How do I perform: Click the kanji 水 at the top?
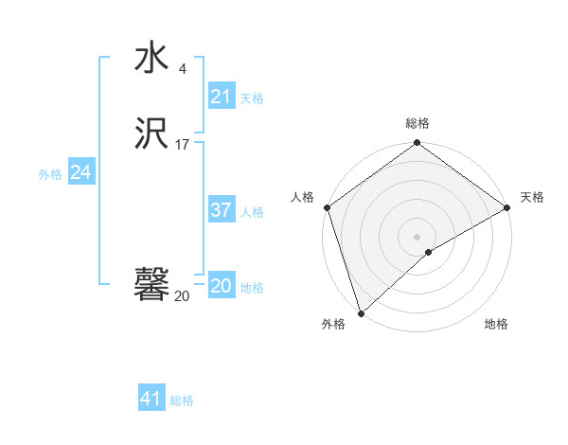click(x=151, y=58)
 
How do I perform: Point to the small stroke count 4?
click(x=182, y=69)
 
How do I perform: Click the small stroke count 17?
click(x=182, y=145)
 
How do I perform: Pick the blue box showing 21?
click(x=221, y=96)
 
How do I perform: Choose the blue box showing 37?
click(x=221, y=210)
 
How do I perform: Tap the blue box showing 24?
click(x=81, y=172)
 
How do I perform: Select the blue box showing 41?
click(x=151, y=399)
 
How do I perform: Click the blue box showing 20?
click(x=221, y=286)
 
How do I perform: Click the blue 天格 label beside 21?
click(x=252, y=98)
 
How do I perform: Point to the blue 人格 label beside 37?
click(x=252, y=212)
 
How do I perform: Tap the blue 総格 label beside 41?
click(x=182, y=400)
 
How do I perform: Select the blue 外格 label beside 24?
click(x=50, y=174)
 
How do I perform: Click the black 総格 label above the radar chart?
click(x=417, y=123)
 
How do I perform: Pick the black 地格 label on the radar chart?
click(x=496, y=325)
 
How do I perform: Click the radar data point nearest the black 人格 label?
click(x=327, y=207)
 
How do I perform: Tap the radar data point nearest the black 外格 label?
click(x=361, y=312)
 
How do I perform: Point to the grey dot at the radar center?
click(x=417, y=236)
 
